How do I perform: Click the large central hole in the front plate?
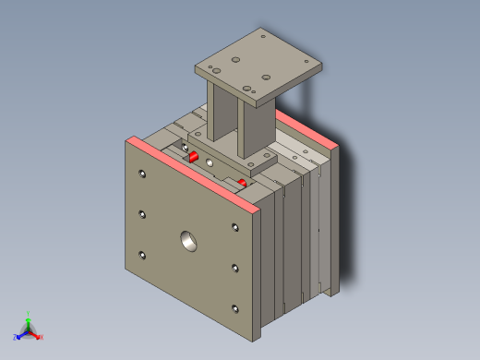point(189,241)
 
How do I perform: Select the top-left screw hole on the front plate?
point(141,174)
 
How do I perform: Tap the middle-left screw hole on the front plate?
point(142,214)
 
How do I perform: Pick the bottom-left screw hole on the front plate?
point(142,256)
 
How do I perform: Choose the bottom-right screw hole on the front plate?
point(235,309)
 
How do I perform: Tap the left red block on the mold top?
point(194,157)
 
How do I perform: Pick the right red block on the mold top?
point(243,183)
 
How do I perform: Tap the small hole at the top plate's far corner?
point(263,37)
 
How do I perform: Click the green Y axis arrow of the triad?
point(29,316)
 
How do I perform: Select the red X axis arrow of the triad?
point(40,337)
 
